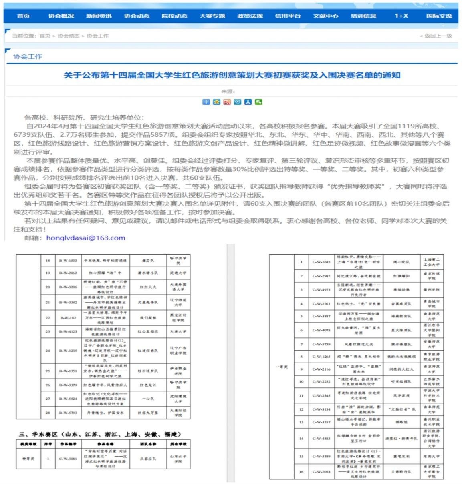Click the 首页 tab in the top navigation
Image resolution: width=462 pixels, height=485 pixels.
click(x=23, y=16)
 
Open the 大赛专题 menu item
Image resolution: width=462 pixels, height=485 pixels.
click(x=212, y=16)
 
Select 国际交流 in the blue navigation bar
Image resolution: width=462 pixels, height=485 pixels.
click(x=439, y=16)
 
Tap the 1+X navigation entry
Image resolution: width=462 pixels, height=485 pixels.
click(x=401, y=16)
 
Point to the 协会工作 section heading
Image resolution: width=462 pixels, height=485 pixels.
click(x=28, y=56)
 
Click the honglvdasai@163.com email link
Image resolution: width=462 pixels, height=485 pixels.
click(x=86, y=238)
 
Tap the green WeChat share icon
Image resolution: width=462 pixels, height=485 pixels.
click(x=258, y=102)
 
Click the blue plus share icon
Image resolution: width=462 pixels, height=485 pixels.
click(x=206, y=102)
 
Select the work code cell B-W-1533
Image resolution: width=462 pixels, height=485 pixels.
click(x=68, y=261)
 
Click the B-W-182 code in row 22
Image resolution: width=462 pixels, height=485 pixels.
click(x=68, y=317)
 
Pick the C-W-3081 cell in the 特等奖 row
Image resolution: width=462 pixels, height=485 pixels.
click(x=68, y=459)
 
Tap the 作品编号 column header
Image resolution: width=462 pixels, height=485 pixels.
click(x=68, y=444)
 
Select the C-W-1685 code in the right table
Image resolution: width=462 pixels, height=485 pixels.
click(x=321, y=262)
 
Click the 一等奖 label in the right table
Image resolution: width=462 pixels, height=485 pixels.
click(x=282, y=367)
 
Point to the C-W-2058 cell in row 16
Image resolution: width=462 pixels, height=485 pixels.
click(x=321, y=472)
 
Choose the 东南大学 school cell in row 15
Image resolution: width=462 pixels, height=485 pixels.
click(x=431, y=456)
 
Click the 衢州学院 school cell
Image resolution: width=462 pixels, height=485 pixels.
click(x=431, y=289)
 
